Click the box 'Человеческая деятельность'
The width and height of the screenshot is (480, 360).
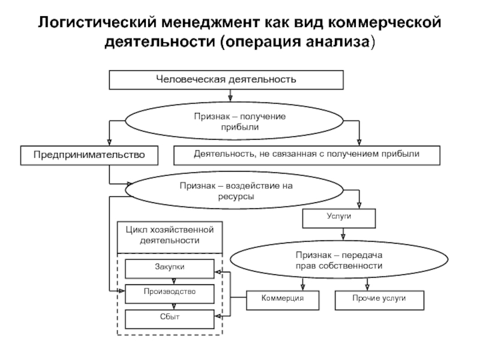pyautogui.click(x=226, y=79)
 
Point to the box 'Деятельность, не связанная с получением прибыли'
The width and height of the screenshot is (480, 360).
pyautogui.click(x=307, y=155)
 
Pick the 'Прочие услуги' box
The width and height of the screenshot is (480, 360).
pyautogui.click(x=379, y=298)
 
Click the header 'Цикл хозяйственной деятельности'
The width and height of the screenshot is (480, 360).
pyautogui.click(x=169, y=235)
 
